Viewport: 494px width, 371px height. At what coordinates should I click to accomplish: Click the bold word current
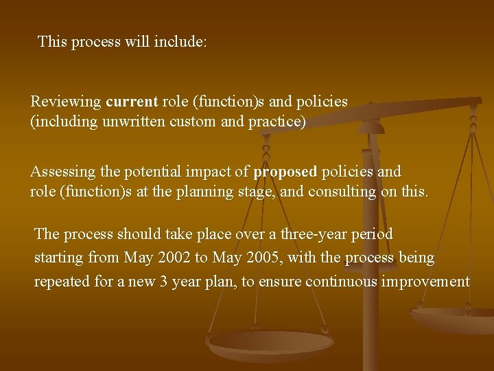point(132,102)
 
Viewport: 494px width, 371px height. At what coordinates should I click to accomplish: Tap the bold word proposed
point(285,171)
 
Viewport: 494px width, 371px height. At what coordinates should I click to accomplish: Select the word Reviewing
point(65,102)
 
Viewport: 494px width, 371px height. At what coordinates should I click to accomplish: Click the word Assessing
point(62,171)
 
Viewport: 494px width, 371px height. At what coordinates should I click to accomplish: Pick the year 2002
point(176,258)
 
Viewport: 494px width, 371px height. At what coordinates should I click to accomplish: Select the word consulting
point(342,192)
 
